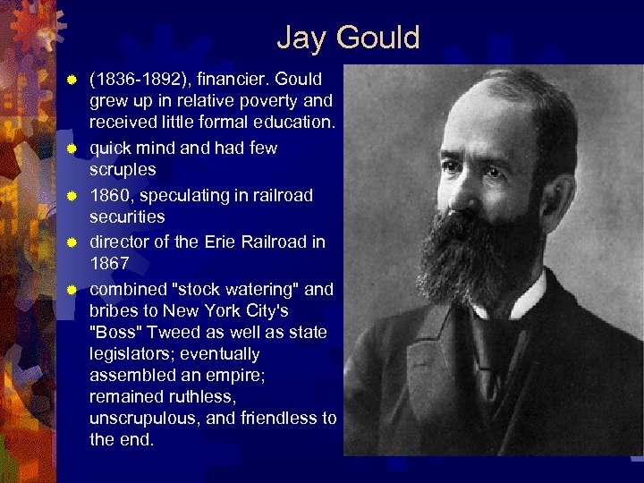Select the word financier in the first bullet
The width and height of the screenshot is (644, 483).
point(224,79)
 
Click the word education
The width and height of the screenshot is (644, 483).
point(292,122)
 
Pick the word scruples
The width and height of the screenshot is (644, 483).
point(123,169)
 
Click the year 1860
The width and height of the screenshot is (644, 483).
point(109,195)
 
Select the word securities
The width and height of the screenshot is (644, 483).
point(127,216)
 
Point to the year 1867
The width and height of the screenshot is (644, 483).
point(109,264)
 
